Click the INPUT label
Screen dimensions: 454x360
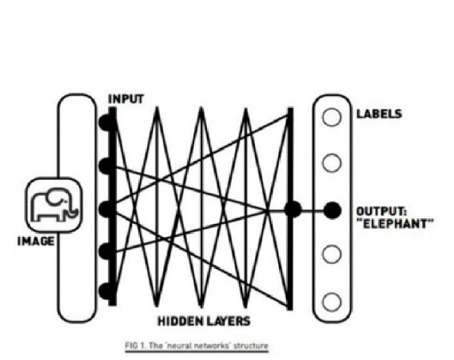[125, 99]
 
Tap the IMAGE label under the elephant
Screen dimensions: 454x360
[36, 241]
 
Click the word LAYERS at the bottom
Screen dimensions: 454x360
[229, 321]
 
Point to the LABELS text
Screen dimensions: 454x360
[380, 114]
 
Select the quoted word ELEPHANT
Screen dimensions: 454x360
[395, 224]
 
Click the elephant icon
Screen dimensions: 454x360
[54, 205]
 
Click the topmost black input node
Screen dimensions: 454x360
[106, 122]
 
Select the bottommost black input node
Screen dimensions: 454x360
[106, 290]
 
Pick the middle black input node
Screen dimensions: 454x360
[106, 208]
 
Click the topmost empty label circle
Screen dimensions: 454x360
[332, 117]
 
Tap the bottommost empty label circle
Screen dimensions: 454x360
[332, 302]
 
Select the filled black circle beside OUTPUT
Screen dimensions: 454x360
[332, 210]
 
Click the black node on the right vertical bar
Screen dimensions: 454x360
[293, 210]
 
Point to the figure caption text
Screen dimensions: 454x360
[197, 346]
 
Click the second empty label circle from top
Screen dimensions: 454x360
[332, 163]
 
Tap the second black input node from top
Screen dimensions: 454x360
[106, 166]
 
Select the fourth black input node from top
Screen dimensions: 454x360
[106, 251]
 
